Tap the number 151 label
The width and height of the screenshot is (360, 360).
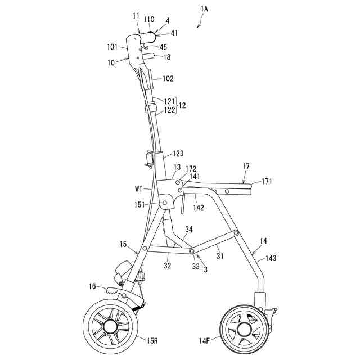coord(141,205)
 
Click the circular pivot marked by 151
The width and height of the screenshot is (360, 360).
coord(165,202)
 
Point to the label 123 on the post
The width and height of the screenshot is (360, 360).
coord(178,154)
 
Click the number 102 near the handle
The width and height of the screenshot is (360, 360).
coord(168,79)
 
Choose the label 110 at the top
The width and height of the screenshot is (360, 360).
coord(148,19)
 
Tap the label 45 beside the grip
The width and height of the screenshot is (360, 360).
coord(163,47)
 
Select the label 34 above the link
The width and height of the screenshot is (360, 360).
coord(188,229)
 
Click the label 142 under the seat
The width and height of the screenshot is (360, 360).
coord(199,208)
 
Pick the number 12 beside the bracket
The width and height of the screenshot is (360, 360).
coord(183,105)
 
